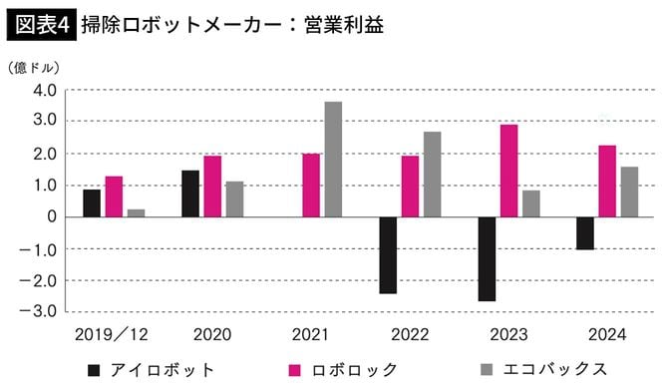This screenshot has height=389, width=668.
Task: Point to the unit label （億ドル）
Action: coord(35,68)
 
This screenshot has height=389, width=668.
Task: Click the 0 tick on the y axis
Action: coord(49,216)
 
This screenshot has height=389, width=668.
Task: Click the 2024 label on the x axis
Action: coord(608,332)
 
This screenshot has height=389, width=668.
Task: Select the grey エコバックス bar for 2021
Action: coord(333,160)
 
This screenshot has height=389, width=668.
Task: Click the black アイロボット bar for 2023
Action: coord(487,258)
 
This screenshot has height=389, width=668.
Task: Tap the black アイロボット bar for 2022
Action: coord(388,254)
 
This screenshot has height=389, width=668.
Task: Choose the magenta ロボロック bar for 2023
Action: coord(508,171)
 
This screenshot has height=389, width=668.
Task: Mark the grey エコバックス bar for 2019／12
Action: coord(136,212)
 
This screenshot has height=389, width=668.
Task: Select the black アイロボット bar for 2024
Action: coord(585,232)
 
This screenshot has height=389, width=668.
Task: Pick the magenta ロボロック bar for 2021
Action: coord(311,186)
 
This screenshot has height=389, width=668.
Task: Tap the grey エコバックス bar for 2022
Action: coord(432,175)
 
